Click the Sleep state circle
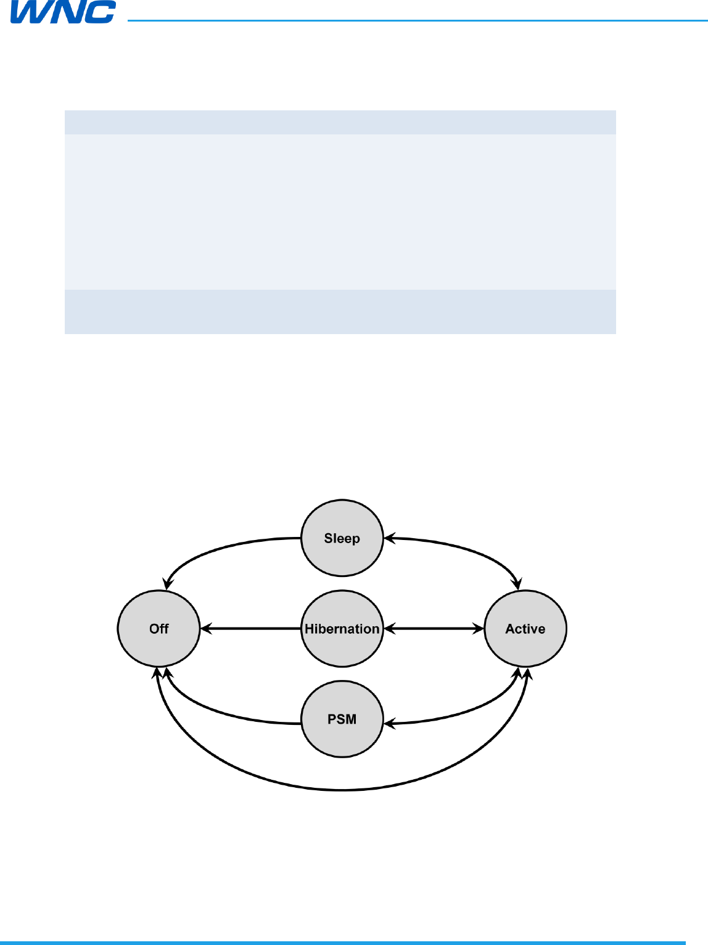point(342,538)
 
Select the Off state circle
point(158,629)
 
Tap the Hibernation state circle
point(342,629)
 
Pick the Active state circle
point(525,629)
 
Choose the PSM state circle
point(342,719)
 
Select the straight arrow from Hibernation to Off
point(250,629)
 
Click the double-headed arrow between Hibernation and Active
point(434,629)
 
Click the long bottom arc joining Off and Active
point(342,789)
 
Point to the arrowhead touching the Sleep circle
point(389,538)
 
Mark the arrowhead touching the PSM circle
point(389,722)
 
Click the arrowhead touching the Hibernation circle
point(389,629)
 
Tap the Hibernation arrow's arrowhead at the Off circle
point(205,629)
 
